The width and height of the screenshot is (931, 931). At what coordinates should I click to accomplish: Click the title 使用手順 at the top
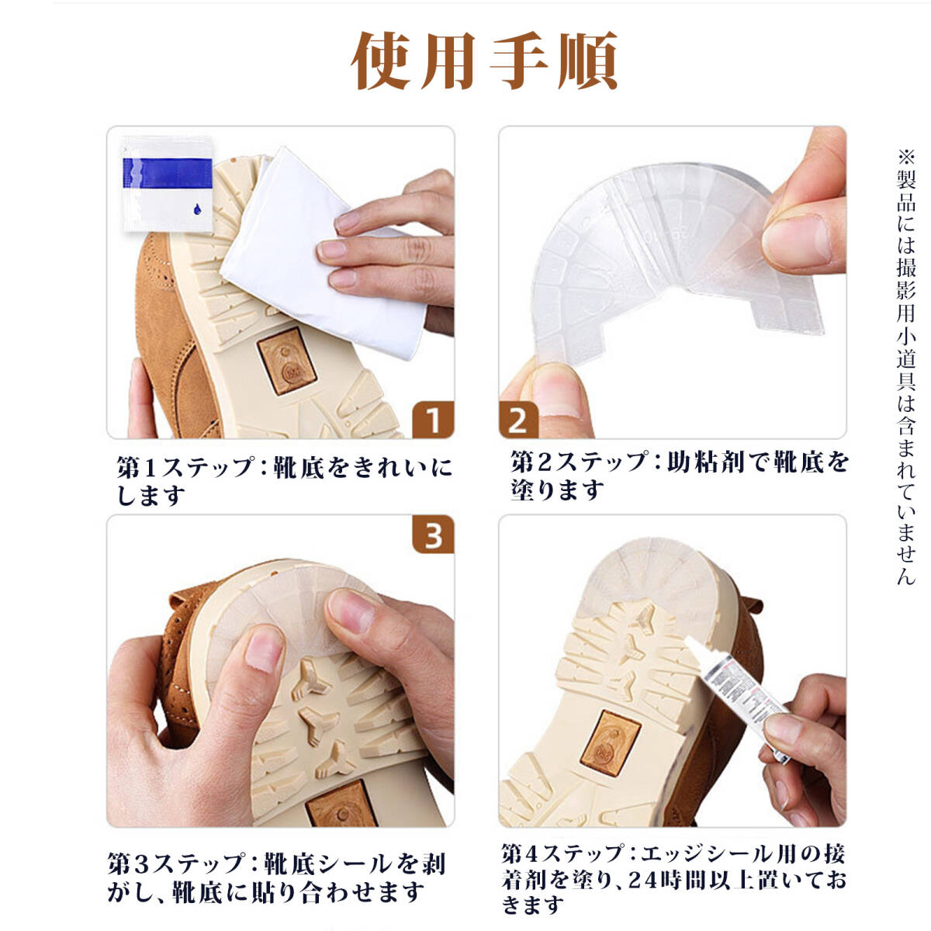pos(484,61)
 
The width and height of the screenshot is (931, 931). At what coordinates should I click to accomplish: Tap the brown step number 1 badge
pos(433,419)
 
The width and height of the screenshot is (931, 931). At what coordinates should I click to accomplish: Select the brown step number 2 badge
pos(518,419)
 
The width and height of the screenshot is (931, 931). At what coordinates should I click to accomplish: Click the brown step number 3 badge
pos(433,534)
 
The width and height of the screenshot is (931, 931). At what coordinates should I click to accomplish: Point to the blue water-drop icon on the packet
pos(197,209)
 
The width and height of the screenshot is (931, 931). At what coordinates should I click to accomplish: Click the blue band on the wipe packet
pos(167,172)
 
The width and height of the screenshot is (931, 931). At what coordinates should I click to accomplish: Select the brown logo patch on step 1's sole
pos(287,361)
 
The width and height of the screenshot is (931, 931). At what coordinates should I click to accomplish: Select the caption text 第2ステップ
pos(579,462)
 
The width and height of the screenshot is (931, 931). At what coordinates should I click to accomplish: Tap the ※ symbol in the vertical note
pos(906,157)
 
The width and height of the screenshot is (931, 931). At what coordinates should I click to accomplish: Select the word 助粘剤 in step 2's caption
pos(706,462)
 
